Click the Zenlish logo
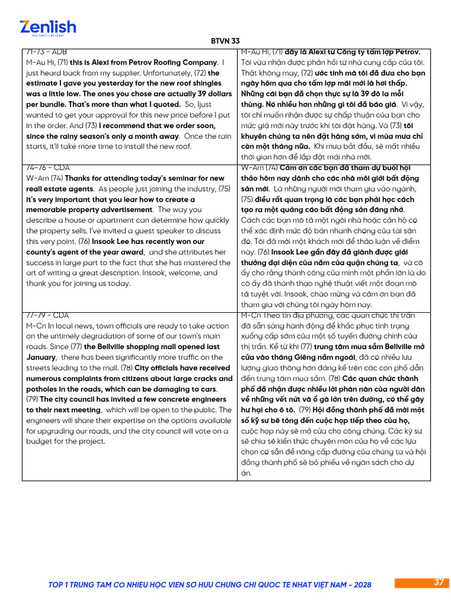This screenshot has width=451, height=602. point(48,28)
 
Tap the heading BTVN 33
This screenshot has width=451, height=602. point(225,41)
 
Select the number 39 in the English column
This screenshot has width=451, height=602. point(187,94)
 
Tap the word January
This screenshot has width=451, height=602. point(41,357)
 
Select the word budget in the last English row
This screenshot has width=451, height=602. point(39,442)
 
